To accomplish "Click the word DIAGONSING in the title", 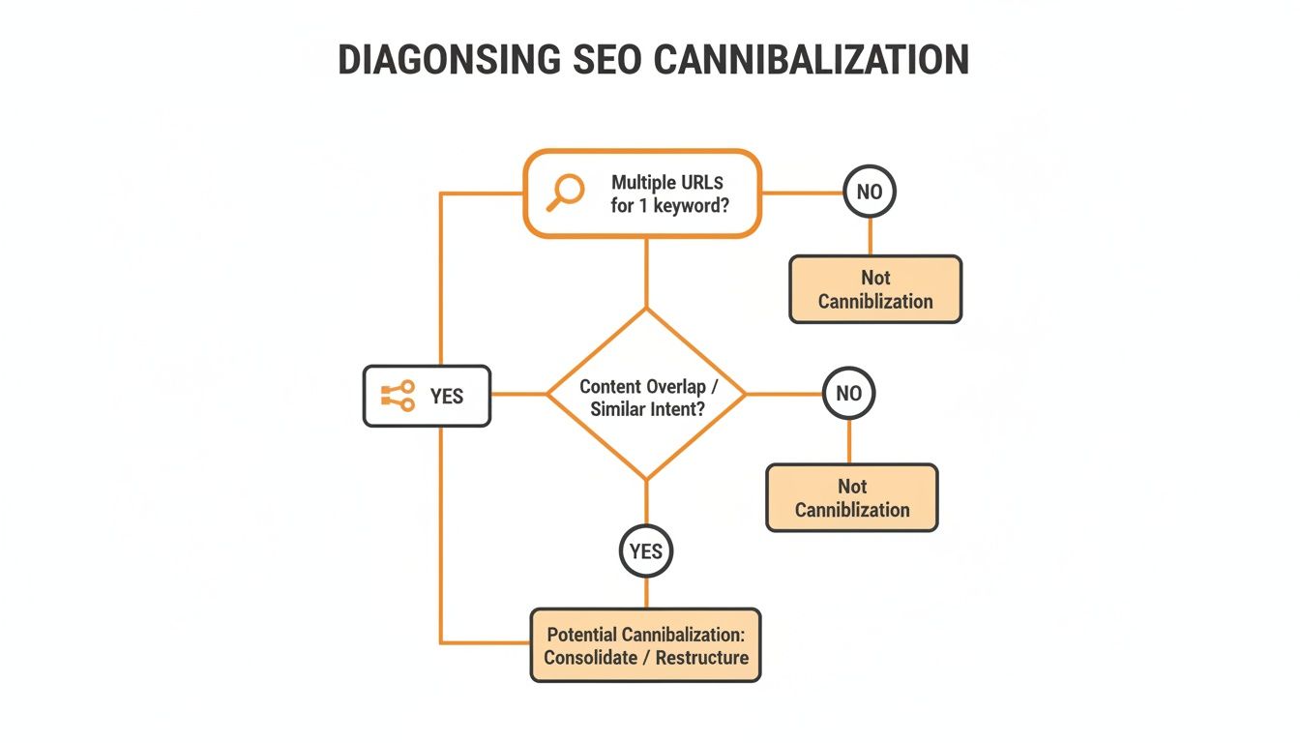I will (449, 61).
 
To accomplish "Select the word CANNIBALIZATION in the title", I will (811, 61).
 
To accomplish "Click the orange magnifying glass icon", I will (566, 192).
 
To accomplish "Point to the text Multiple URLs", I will (666, 182).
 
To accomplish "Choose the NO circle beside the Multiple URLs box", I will (870, 192).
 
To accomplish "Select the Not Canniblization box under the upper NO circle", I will (875, 289).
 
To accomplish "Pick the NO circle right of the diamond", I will (848, 394).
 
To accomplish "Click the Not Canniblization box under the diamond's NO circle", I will (852, 497).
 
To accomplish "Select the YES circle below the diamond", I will (645, 551).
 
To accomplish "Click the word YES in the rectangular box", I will (446, 397).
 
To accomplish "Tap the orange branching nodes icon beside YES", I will (398, 397).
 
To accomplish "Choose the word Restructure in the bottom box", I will (701, 658).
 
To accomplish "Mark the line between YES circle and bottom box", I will (645, 593).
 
